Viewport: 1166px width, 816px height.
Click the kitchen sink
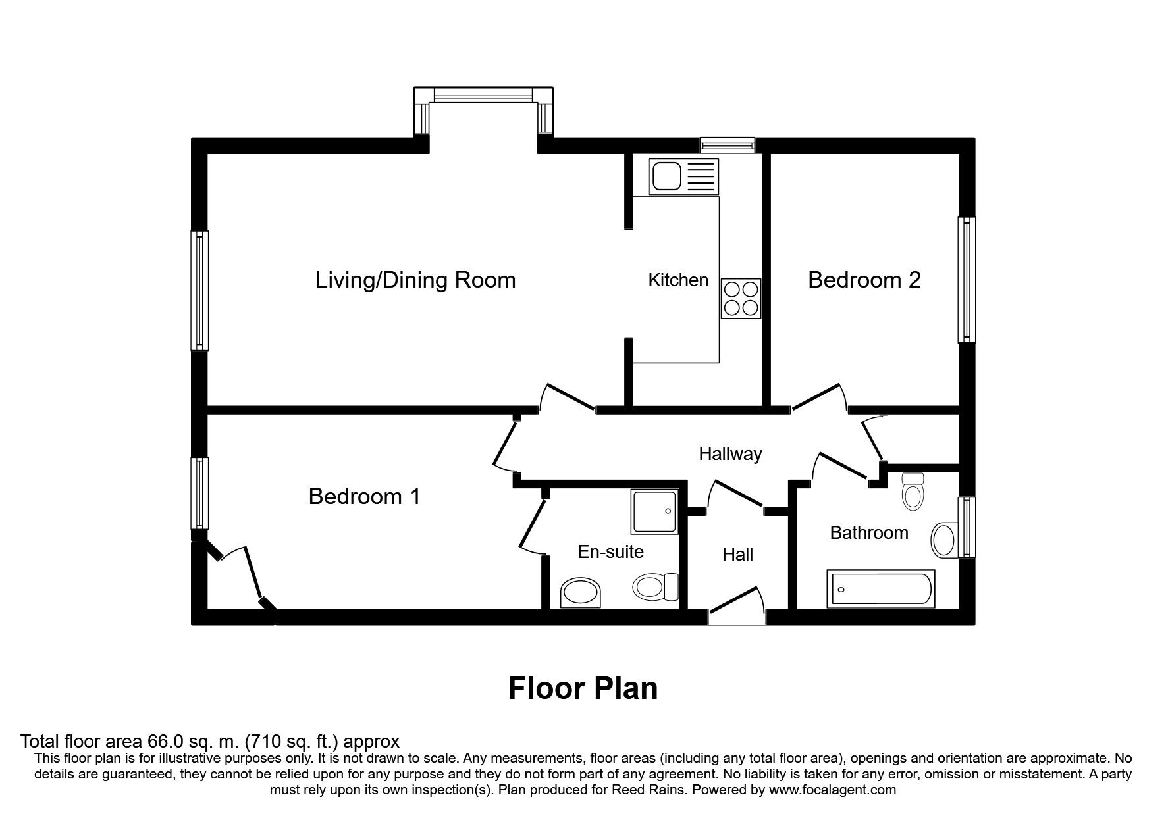pos(683,176)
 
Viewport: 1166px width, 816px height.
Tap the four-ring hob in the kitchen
pos(741,299)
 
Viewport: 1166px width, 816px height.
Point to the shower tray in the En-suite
pos(654,512)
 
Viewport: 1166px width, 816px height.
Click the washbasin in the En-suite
pos(580,593)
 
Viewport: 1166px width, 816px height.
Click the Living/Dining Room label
pos(415,280)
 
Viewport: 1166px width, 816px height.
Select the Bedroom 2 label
pos(864,280)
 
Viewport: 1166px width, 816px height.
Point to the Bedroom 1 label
pos(364,496)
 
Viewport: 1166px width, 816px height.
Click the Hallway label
pos(730,453)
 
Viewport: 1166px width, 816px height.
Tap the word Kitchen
pos(678,280)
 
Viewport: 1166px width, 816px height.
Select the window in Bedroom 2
pos(967,279)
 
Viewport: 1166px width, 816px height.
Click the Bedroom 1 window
pos(199,493)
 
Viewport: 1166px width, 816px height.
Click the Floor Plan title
pos(583,688)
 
